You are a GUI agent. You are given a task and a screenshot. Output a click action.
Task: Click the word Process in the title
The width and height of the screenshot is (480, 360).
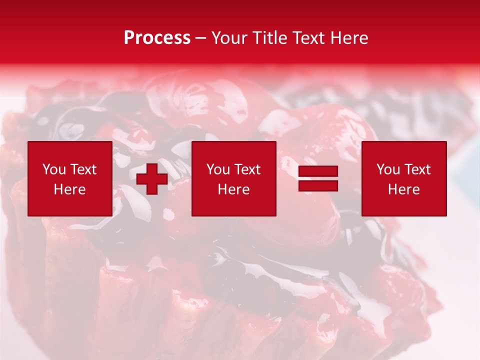click(x=157, y=37)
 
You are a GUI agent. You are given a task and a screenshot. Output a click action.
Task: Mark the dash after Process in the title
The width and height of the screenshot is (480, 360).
click(x=201, y=38)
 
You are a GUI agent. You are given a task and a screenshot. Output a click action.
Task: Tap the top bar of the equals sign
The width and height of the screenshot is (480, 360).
click(x=318, y=171)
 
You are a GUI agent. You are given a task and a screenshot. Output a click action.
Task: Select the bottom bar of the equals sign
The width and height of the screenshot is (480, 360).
click(x=318, y=185)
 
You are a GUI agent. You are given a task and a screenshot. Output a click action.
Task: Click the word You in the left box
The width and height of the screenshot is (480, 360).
click(x=53, y=169)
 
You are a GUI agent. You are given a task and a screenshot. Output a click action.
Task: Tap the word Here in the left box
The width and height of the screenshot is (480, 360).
click(x=69, y=189)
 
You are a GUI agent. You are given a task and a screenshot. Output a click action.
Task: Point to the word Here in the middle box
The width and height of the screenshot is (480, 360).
click(x=233, y=189)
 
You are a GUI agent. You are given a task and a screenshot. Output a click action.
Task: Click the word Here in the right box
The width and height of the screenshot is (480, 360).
click(x=403, y=189)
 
